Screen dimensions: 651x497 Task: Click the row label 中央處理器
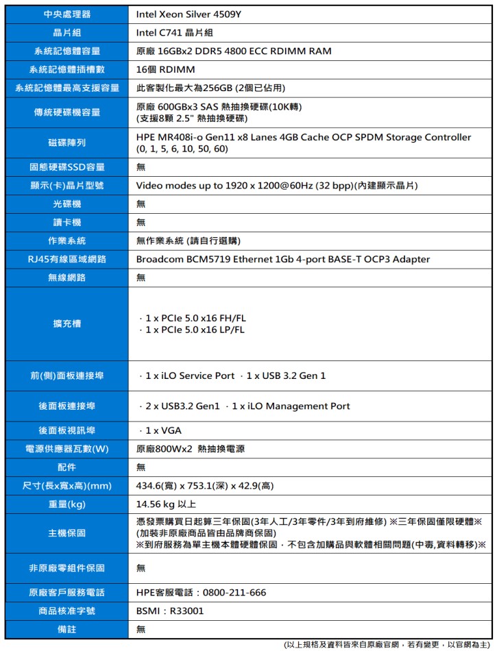66,14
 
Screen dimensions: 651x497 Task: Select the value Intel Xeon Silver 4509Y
188,14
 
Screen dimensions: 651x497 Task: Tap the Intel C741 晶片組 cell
174,32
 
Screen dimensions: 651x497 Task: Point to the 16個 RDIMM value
165,69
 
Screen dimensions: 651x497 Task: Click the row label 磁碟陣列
66,143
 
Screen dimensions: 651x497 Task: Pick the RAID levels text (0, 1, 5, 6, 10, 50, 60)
182,149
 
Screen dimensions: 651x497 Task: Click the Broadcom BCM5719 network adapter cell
282,259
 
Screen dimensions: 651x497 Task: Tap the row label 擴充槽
66,323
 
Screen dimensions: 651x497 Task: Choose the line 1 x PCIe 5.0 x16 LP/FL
193,330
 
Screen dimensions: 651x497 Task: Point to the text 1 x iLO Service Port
189,376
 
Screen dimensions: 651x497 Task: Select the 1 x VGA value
162,430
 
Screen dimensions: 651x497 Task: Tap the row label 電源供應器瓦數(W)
66,449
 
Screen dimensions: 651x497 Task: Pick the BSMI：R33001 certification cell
169,611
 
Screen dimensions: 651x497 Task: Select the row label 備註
66,629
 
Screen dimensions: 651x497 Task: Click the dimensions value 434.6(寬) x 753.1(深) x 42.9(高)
205,486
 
